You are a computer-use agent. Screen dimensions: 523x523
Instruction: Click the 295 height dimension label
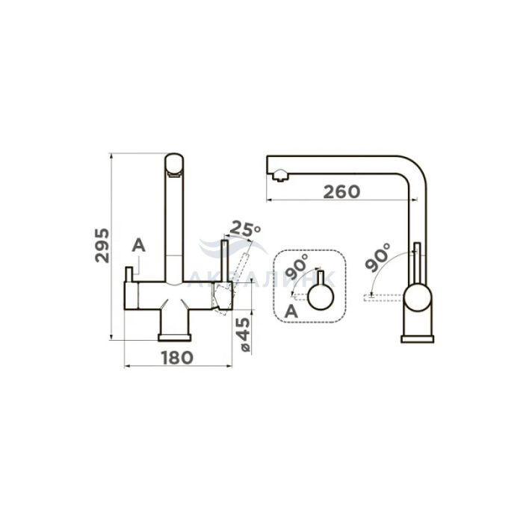(102, 245)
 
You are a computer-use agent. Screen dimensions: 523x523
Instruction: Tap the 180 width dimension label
(178, 358)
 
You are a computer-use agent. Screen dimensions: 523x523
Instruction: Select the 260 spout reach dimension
(342, 192)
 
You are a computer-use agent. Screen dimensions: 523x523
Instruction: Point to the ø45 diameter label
(244, 335)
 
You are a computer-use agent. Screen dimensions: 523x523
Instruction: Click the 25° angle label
(245, 228)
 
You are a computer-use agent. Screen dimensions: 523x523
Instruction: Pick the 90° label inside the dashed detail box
(296, 267)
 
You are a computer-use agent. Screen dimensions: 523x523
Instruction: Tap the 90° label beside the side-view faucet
(377, 258)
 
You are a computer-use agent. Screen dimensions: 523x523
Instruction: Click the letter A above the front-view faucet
(139, 246)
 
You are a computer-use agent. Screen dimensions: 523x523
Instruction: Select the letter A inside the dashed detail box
(291, 312)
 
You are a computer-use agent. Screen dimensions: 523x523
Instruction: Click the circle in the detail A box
(321, 297)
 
